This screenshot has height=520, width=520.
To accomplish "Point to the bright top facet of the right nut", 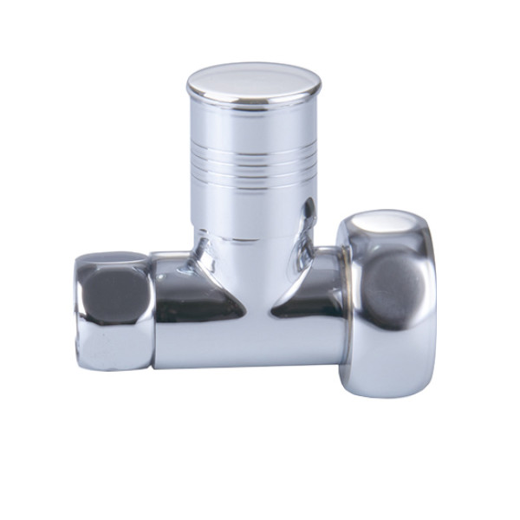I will point(387,227).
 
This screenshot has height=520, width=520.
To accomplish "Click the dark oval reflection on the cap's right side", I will point(308,212).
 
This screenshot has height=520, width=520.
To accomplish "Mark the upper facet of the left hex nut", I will point(113,257).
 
